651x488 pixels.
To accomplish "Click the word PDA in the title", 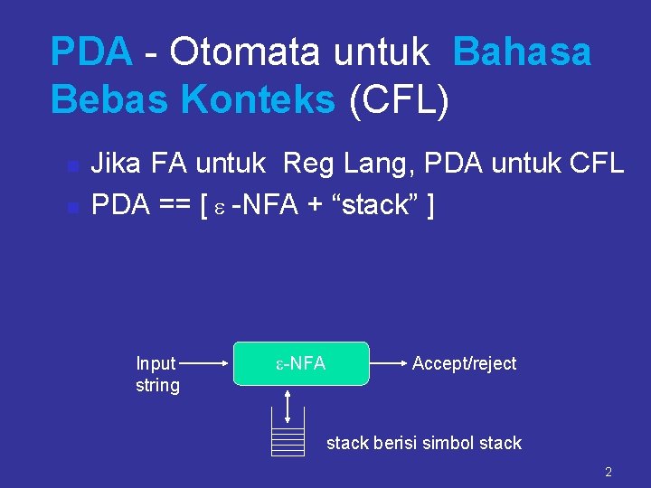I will click(91, 52).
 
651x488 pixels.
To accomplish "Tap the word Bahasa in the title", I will click(523, 52).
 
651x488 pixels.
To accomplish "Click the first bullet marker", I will click(72, 166).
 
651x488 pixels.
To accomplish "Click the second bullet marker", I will click(72, 207).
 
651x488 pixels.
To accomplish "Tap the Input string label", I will click(157, 374).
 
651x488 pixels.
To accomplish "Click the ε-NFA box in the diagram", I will click(302, 363).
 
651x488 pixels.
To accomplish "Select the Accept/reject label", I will click(464, 363).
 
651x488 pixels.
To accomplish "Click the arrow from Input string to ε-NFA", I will click(208, 363).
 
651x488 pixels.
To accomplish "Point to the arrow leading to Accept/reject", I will click(387, 363).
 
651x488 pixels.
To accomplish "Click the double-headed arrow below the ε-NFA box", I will click(288, 406).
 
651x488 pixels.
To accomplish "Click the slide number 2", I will click(609, 472).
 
